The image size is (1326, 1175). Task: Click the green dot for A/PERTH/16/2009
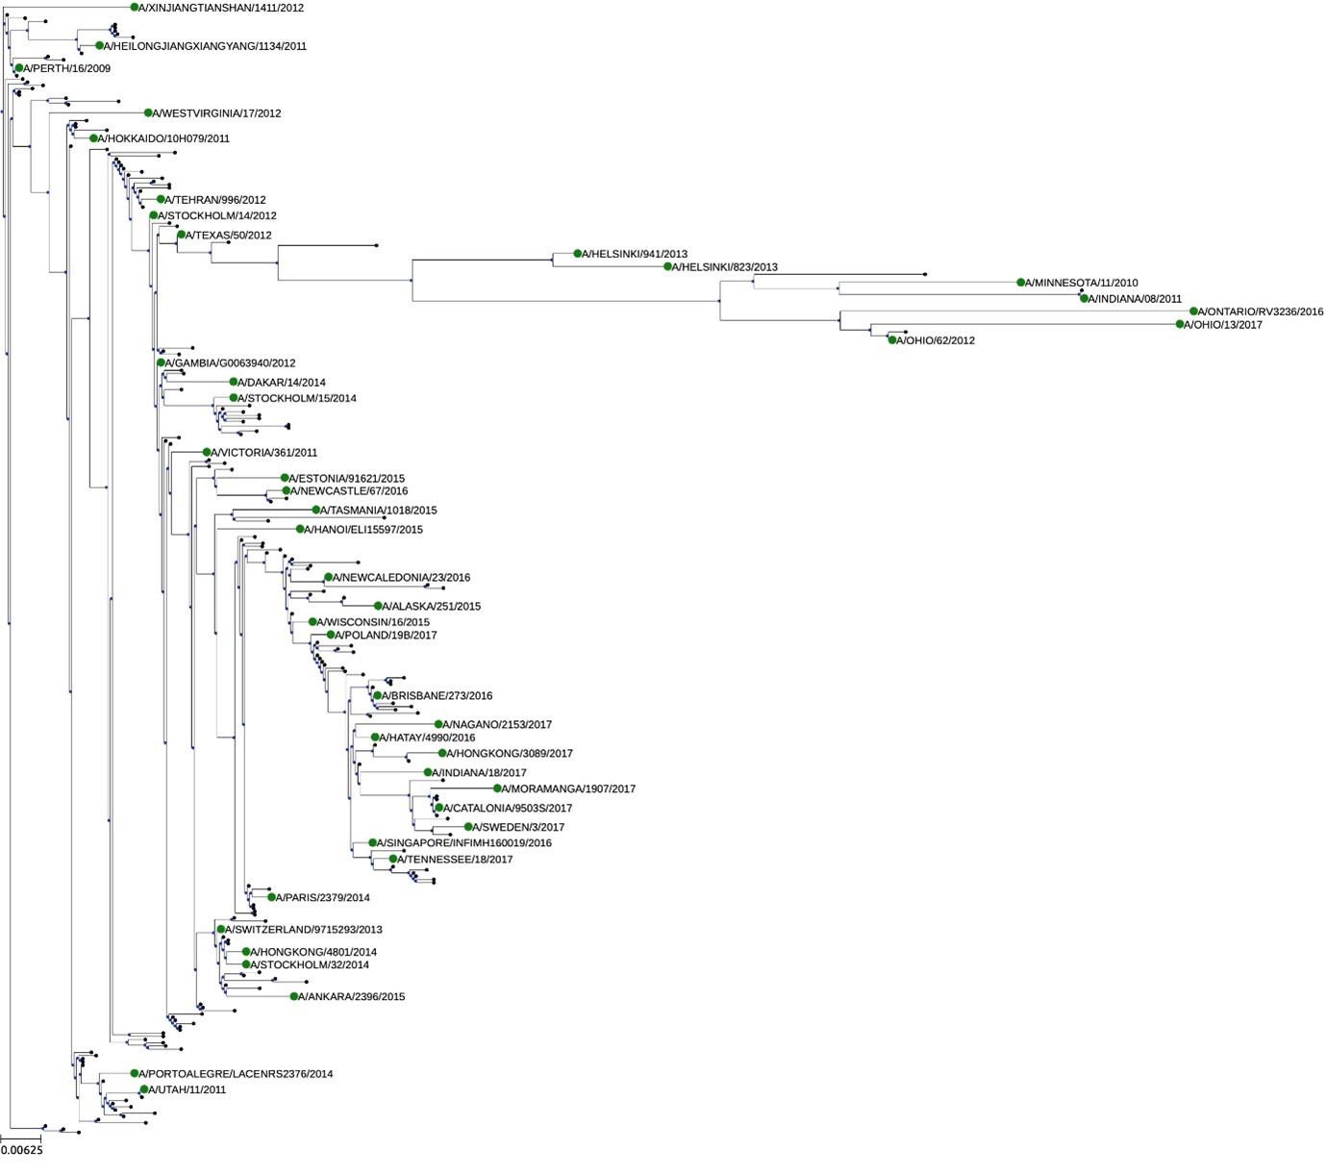click(18, 68)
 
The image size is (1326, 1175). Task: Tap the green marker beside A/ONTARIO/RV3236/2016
click(1193, 312)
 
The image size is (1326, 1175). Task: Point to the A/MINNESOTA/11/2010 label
click(1082, 284)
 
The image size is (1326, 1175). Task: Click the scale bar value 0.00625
click(22, 1149)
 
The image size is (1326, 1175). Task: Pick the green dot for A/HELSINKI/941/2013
click(578, 254)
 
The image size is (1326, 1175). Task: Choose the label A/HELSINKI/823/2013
click(725, 267)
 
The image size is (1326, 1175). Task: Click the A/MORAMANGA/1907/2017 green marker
click(498, 788)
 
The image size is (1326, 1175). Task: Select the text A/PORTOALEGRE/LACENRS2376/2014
click(236, 1074)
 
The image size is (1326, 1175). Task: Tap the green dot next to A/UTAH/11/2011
click(144, 1089)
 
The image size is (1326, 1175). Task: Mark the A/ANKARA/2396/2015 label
click(352, 997)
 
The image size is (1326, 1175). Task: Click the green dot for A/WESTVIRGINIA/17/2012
click(148, 112)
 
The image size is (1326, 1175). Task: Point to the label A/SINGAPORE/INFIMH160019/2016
click(464, 843)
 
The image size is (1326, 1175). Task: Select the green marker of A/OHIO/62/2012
click(892, 339)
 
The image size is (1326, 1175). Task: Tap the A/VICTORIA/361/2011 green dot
click(207, 452)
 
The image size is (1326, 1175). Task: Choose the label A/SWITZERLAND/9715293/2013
click(304, 930)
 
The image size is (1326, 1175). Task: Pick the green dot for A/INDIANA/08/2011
click(1085, 298)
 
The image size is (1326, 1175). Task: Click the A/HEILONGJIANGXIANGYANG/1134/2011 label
click(206, 46)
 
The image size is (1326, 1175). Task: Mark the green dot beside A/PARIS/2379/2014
click(272, 897)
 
